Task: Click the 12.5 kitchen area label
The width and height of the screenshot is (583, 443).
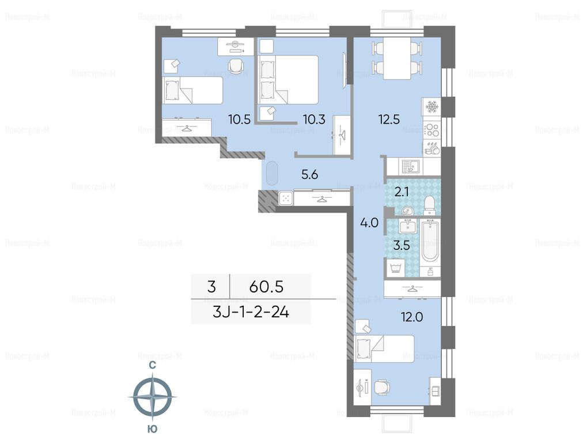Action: tap(389, 119)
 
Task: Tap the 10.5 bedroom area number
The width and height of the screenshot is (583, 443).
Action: tap(240, 119)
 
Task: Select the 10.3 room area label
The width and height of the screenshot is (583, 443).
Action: tap(314, 119)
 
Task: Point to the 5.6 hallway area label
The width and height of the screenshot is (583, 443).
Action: tap(310, 174)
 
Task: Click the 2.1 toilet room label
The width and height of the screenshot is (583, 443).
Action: tap(402, 192)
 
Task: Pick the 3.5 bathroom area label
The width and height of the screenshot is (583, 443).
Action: tap(402, 245)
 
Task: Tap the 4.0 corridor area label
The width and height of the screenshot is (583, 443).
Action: tap(370, 223)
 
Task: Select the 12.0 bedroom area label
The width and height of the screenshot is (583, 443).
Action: tap(412, 317)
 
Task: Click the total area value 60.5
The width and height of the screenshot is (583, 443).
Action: tap(267, 287)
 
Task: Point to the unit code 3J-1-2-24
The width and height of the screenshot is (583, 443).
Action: tap(251, 312)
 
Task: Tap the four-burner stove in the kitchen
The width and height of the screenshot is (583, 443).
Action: tap(431, 130)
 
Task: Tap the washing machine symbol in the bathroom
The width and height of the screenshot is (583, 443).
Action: tap(396, 268)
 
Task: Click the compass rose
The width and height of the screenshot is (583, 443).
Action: tap(153, 397)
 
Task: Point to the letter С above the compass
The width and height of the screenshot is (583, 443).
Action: tap(153, 366)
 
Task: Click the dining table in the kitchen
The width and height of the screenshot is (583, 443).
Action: tap(397, 58)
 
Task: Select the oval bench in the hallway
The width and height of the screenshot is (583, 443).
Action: tap(272, 174)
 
